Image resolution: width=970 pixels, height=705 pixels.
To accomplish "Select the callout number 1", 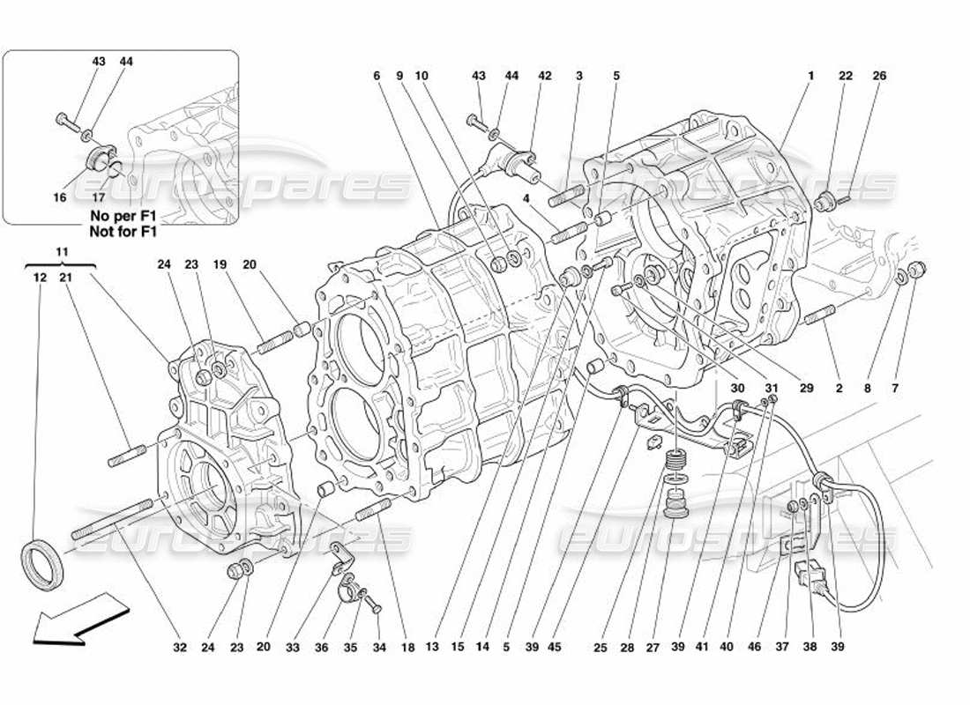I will (810, 77).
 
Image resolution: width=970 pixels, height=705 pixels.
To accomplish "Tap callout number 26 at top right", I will (878, 77).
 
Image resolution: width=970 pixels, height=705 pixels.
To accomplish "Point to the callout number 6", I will (377, 77).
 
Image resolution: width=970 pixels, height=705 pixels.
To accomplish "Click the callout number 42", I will (545, 77).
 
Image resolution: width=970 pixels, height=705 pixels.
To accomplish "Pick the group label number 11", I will (62, 251).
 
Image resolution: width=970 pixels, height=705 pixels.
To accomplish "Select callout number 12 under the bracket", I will (39, 278).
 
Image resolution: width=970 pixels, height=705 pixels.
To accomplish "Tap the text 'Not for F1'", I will (123, 232).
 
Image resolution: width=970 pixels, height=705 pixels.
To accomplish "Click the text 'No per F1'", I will (123, 214).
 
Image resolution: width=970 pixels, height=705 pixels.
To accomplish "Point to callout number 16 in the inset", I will (60, 197).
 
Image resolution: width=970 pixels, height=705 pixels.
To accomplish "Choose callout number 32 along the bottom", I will (180, 648).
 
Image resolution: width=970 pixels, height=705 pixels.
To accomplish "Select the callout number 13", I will (433, 648).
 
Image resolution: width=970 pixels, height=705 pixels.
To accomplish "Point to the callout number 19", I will (219, 263).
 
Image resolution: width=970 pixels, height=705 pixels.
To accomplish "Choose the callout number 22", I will (846, 77).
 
